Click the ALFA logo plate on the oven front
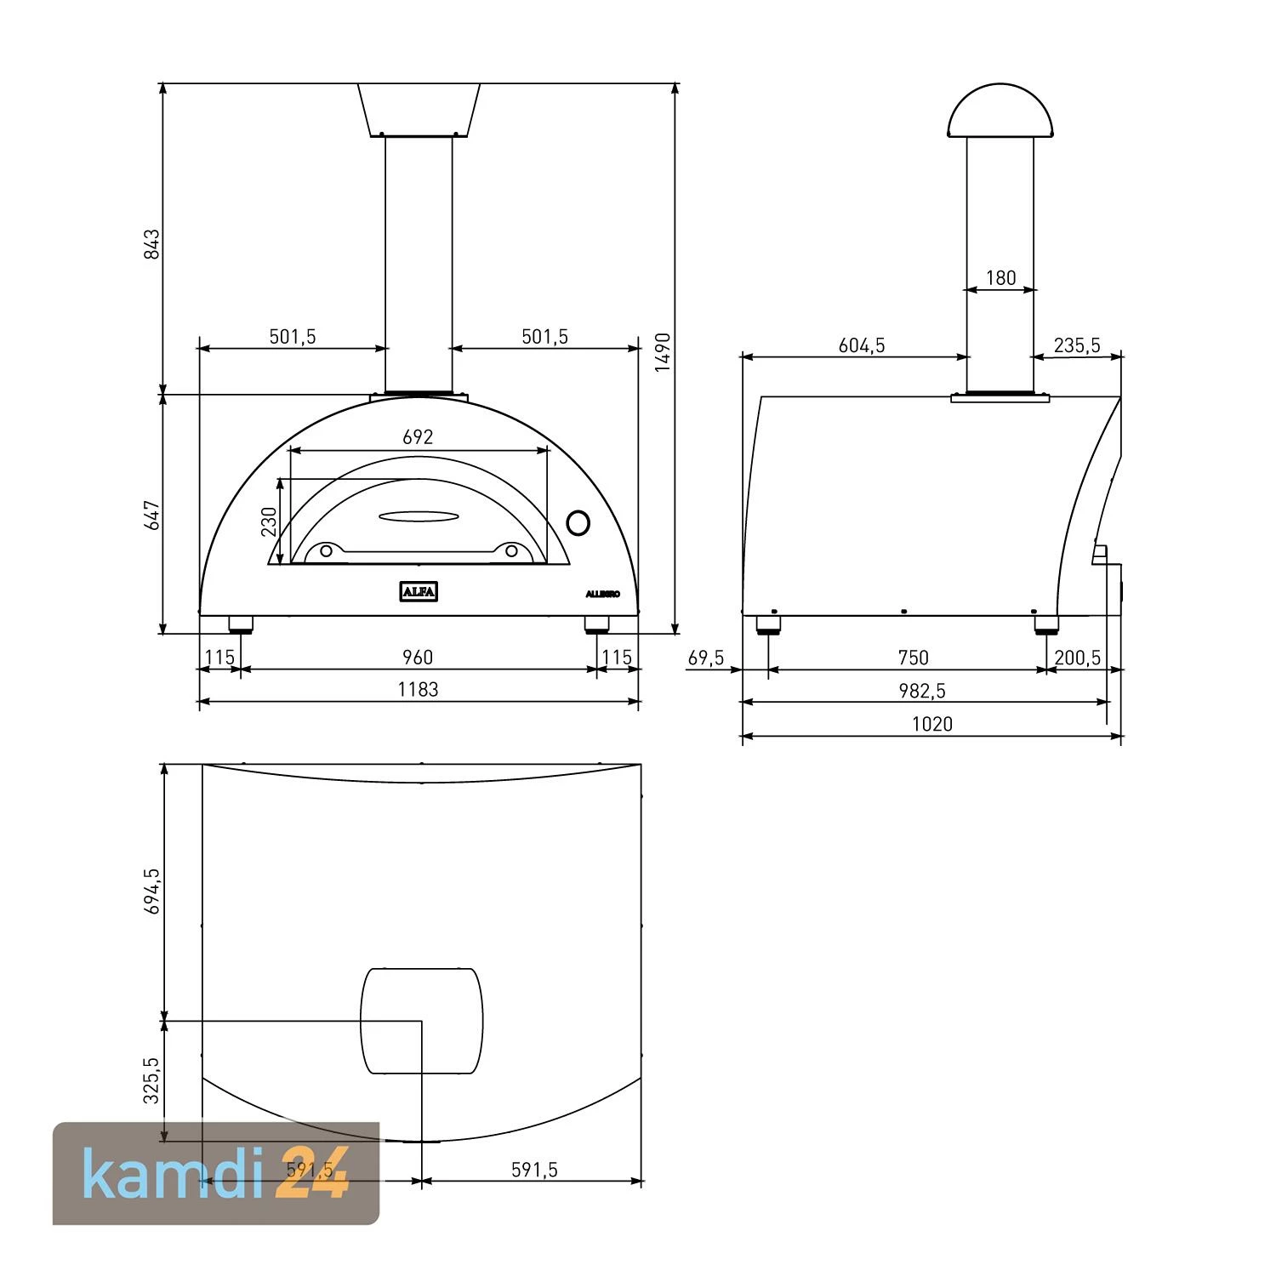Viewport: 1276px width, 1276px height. pyautogui.click(x=419, y=591)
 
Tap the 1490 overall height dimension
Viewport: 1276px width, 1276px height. pyautogui.click(x=664, y=351)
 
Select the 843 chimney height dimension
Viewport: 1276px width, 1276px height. pyautogui.click(x=151, y=244)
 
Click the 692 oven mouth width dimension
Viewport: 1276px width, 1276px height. pyautogui.click(x=418, y=437)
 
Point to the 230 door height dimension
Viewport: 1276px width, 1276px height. pyautogui.click(x=269, y=521)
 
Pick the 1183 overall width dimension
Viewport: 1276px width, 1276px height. pyautogui.click(x=418, y=690)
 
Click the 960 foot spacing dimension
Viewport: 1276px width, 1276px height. pyautogui.click(x=417, y=658)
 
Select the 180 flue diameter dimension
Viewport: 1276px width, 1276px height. pyautogui.click(x=1000, y=278)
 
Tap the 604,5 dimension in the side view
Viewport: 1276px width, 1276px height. pyautogui.click(x=862, y=345)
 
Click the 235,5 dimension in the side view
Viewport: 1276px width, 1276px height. pyautogui.click(x=1077, y=345)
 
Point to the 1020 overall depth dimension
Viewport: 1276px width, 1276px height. pyautogui.click(x=932, y=724)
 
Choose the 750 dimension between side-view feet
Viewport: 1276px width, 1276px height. pyautogui.click(x=913, y=658)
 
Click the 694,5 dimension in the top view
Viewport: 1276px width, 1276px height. pyautogui.click(x=151, y=891)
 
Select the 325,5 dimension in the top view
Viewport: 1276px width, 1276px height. pyautogui.click(x=151, y=1080)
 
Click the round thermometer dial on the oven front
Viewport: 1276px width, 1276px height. pyautogui.click(x=578, y=522)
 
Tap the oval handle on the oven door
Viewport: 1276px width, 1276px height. pyautogui.click(x=419, y=516)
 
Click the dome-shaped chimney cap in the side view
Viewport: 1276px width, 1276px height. pyautogui.click(x=1000, y=111)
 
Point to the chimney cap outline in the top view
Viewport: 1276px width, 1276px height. pyautogui.click(x=422, y=1021)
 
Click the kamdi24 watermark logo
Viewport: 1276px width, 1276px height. pyautogui.click(x=216, y=1173)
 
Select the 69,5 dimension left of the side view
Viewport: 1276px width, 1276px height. pyautogui.click(x=706, y=658)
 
